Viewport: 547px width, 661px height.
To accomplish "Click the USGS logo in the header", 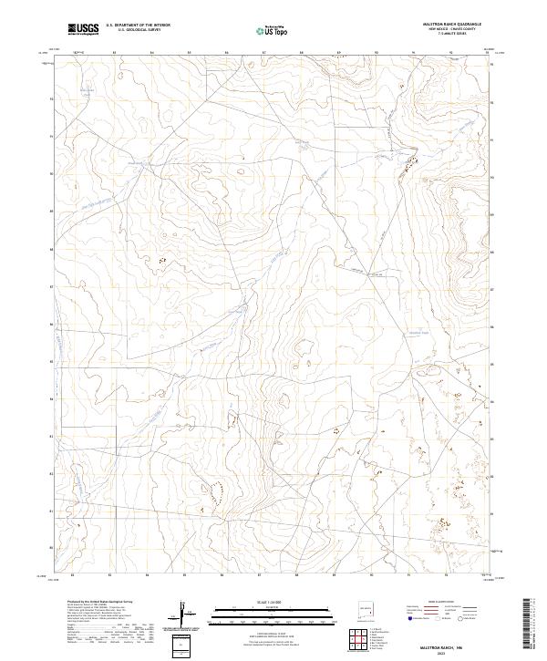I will [x=83, y=29].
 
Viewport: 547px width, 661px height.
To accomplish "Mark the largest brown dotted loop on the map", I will [x=217, y=493].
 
